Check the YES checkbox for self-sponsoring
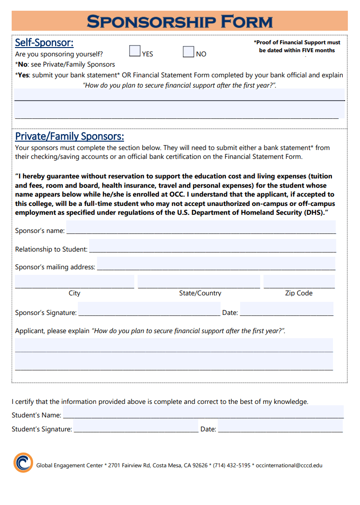click(x=135, y=51)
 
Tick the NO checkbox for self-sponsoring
click(x=188, y=51)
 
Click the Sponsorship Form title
click(x=180, y=21)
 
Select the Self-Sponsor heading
click(x=44, y=42)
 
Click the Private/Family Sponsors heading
click(x=69, y=136)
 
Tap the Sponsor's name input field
click(x=201, y=228)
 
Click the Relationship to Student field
click(x=212, y=246)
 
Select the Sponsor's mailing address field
click(x=216, y=264)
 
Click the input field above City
click(x=75, y=282)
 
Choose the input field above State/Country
click(x=199, y=282)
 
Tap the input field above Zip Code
click(x=299, y=282)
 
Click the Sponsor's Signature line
click(x=149, y=310)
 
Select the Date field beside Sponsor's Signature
click(x=286, y=309)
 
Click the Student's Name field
click(x=203, y=412)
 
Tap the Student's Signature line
click(x=136, y=427)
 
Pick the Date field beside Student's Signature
click(x=280, y=426)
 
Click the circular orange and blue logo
click(x=23, y=463)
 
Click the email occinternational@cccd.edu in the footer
click(x=289, y=465)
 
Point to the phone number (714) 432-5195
click(x=232, y=465)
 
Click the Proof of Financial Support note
click(x=297, y=46)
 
